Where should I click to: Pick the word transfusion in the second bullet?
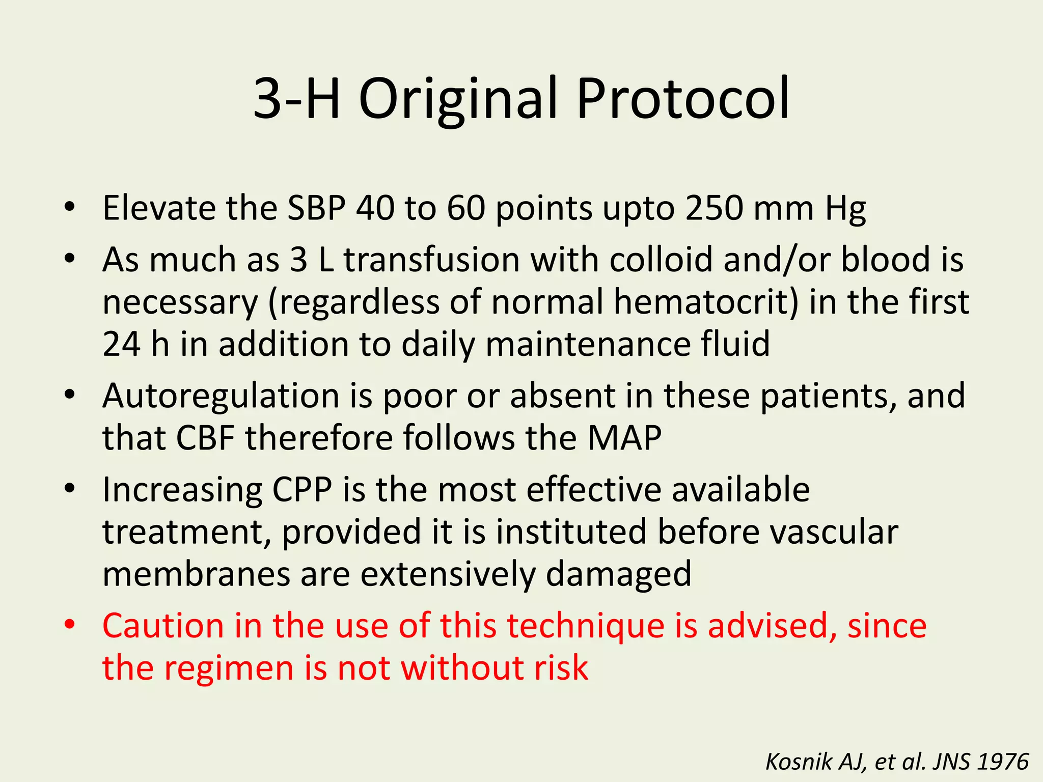click(431, 259)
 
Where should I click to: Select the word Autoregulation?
click(221, 396)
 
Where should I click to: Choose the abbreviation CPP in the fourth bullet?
click(302, 490)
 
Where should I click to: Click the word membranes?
click(196, 574)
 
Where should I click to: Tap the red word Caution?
click(163, 625)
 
